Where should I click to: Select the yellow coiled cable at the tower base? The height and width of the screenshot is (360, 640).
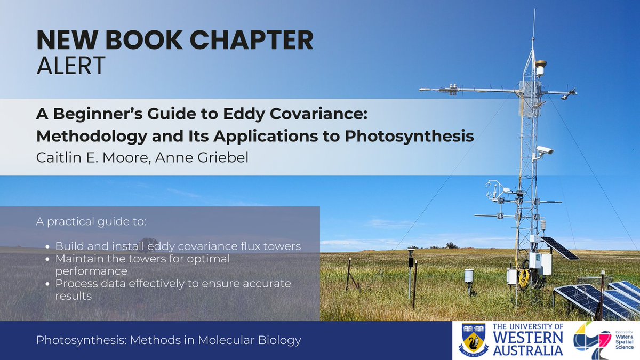[x=524, y=277]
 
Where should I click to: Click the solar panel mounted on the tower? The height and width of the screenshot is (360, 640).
[x=559, y=248]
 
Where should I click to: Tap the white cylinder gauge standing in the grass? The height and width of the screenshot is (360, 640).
[x=469, y=275]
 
